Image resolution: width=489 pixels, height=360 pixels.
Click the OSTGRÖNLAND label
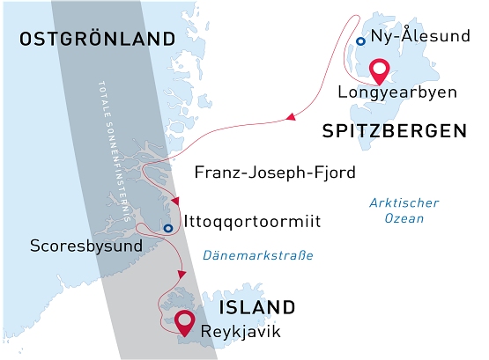point(97,40)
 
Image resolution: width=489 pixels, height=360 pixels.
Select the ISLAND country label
point(256,307)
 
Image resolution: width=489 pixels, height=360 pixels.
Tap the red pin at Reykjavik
point(185,322)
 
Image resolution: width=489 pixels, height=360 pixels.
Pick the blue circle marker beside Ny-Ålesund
point(360,41)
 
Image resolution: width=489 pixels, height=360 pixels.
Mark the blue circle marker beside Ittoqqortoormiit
point(167,230)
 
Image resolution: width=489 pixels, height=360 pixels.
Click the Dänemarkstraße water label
point(257,256)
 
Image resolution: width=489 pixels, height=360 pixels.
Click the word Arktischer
point(404,202)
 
